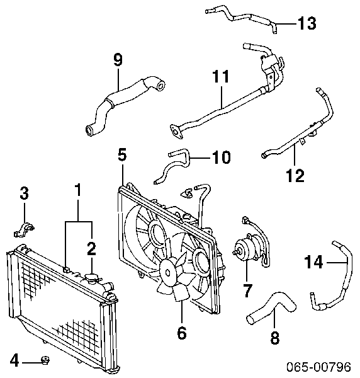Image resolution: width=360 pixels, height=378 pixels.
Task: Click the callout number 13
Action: tap(307, 23)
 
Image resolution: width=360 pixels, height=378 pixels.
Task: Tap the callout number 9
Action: tap(118, 60)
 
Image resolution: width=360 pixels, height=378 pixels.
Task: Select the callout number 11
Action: tap(221, 76)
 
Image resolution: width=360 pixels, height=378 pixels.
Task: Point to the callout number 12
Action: tap(295, 176)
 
